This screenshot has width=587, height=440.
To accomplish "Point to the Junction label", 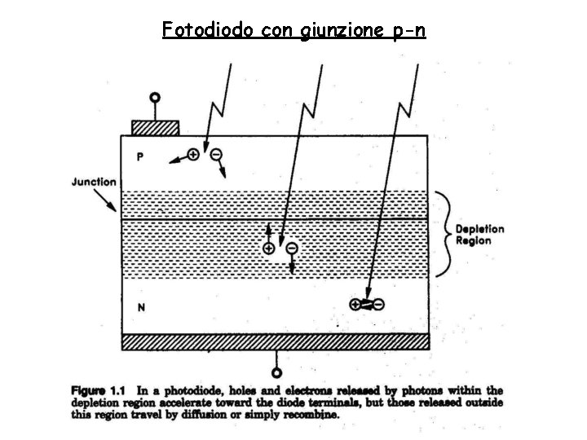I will [x=94, y=182].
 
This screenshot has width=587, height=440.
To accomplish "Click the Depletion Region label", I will [x=479, y=235].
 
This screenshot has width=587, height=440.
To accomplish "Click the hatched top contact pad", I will [x=155, y=128].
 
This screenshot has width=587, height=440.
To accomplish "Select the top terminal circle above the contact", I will [x=152, y=99].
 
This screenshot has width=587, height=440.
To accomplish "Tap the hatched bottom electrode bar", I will [x=275, y=341].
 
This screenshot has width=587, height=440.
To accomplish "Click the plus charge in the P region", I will [x=193, y=153].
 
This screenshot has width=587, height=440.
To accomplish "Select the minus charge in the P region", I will [x=216, y=153].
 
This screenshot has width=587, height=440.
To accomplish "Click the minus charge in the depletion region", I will [x=292, y=247].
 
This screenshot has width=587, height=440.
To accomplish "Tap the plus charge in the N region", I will [x=355, y=304].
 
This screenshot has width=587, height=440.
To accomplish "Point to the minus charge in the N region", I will [x=379, y=304].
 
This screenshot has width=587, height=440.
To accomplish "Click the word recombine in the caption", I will [x=311, y=413].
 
